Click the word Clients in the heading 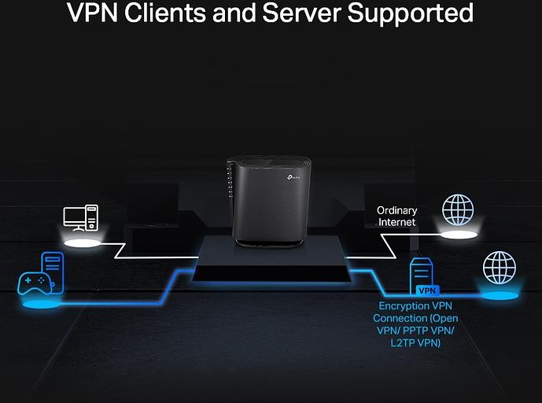pyautogui.click(x=166, y=13)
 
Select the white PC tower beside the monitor pyautogui.click(x=92, y=216)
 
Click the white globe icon pyautogui.click(x=458, y=210)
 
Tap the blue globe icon pyautogui.click(x=499, y=268)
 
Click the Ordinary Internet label pyautogui.click(x=396, y=216)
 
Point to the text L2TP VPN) pyautogui.click(x=413, y=343)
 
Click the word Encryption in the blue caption pyautogui.click(x=404, y=305)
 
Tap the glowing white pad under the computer pyautogui.click(x=82, y=243)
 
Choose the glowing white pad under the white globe pyautogui.click(x=459, y=235)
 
